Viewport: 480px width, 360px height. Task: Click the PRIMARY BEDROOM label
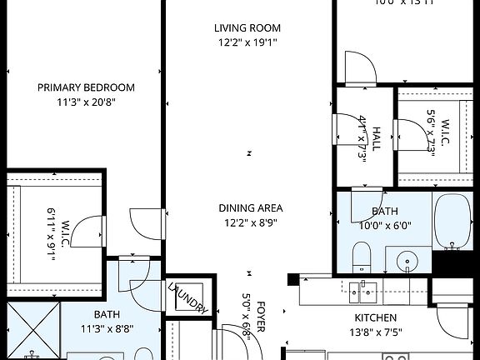tap(86, 87)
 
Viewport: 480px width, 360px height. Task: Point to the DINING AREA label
tap(251, 207)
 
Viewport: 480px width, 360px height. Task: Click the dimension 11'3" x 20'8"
tap(86, 102)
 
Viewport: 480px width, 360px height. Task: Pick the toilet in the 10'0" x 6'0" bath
tap(361, 257)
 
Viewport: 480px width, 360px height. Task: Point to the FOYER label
tap(261, 317)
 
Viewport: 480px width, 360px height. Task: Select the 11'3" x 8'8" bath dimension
tap(106, 327)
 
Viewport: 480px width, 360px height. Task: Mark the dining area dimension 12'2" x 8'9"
tap(251, 222)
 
